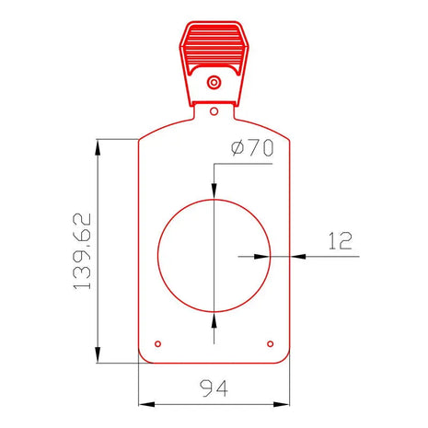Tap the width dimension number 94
point(214,388)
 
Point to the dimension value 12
point(340,241)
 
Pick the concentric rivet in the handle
point(214,83)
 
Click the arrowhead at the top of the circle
point(214,191)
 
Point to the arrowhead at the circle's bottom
point(214,320)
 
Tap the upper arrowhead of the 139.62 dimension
point(98,146)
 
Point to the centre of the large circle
point(214,256)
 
